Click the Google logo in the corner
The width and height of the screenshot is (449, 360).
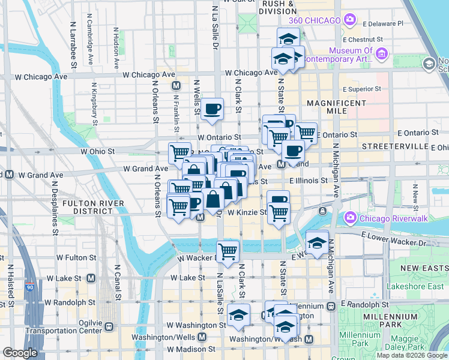click(x=20, y=353)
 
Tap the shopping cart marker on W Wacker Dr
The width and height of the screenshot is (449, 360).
click(x=228, y=251)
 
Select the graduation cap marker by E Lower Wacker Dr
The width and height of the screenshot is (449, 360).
click(x=317, y=242)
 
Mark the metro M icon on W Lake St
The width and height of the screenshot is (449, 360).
click(x=91, y=278)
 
